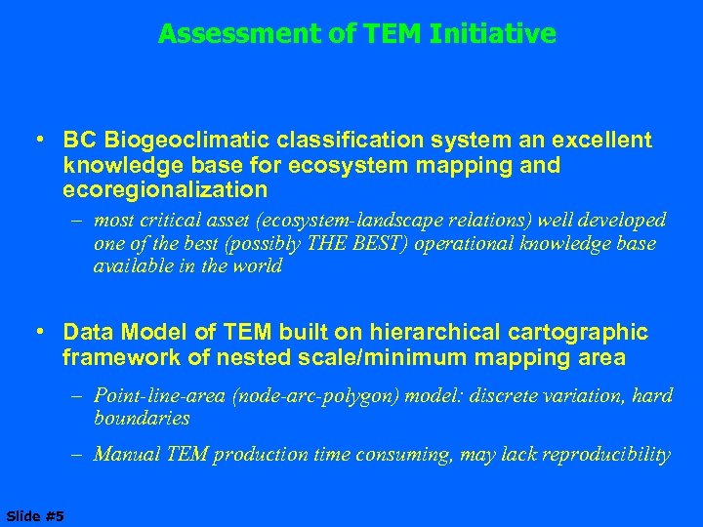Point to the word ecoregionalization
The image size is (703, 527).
tap(164, 188)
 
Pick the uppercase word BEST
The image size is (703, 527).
tap(376, 243)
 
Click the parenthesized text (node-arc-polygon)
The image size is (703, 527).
tap(289, 395)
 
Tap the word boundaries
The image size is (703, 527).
tap(142, 418)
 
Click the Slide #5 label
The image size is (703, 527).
tap(33, 515)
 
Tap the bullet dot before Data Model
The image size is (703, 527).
tap(44, 334)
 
